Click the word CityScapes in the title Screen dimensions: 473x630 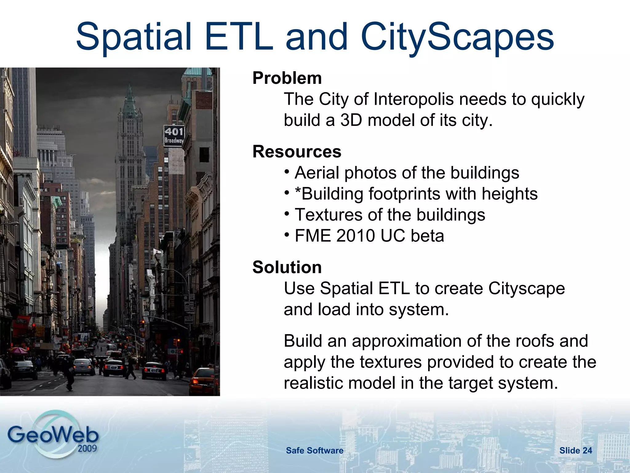457,38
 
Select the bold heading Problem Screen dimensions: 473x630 287,78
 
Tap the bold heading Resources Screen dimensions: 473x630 297,152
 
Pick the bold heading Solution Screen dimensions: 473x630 287,267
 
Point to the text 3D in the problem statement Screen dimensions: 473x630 351,120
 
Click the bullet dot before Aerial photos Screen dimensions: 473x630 287,172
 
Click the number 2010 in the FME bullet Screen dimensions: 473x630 356,236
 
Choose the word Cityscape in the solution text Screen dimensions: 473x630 526,289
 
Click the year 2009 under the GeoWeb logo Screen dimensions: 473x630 87,448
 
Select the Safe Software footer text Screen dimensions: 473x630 314,451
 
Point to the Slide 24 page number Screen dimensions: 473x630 576,451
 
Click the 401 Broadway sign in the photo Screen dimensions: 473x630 174,135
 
